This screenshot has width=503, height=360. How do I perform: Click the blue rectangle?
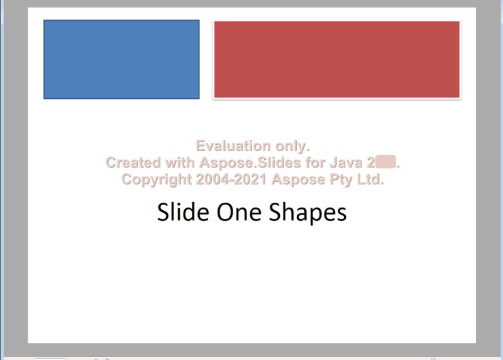point(121,59)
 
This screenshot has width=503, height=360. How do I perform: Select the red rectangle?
point(337,60)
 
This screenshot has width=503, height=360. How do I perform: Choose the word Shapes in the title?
point(308,213)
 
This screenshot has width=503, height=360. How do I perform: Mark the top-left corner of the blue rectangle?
point(44,21)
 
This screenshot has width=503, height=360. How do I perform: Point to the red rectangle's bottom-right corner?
point(460,98)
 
